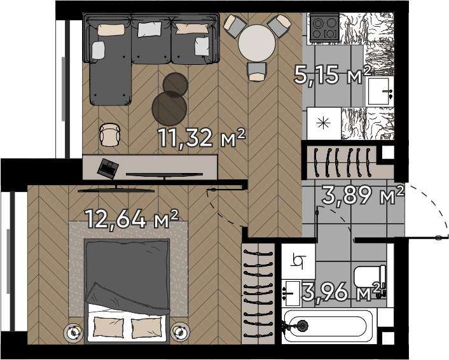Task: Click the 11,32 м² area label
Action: [202, 137]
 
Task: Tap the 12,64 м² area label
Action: [132, 219]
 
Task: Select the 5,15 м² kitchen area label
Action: [333, 74]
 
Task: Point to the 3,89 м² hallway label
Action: [363, 195]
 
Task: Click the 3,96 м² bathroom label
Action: [343, 291]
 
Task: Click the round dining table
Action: [257, 43]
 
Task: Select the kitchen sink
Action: [378, 92]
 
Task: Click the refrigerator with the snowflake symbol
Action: [324, 123]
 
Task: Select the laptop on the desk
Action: [108, 169]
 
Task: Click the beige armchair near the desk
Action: [109, 135]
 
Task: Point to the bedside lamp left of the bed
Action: [74, 332]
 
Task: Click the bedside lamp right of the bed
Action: [180, 332]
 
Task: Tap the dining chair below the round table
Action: [257, 71]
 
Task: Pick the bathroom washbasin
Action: [291, 293]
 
